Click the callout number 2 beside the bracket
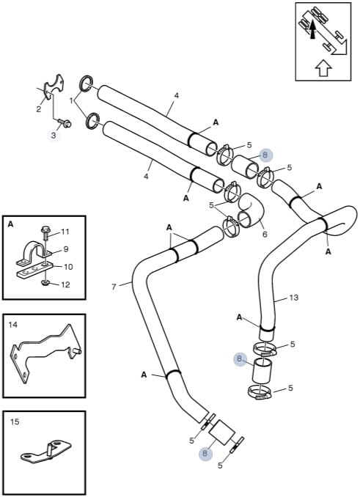[39, 110]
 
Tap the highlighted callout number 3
[54, 136]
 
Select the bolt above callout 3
[66, 123]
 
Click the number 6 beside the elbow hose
[265, 235]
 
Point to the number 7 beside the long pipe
[114, 287]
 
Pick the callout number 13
[294, 298]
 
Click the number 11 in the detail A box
[65, 232]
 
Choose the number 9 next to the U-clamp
[66, 249]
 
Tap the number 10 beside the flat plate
[68, 267]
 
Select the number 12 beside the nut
[65, 284]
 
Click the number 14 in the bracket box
[13, 325]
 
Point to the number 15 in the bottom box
[15, 421]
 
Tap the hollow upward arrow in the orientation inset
[323, 68]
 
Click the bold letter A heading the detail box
[10, 224]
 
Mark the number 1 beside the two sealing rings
[72, 101]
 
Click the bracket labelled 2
[52, 86]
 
